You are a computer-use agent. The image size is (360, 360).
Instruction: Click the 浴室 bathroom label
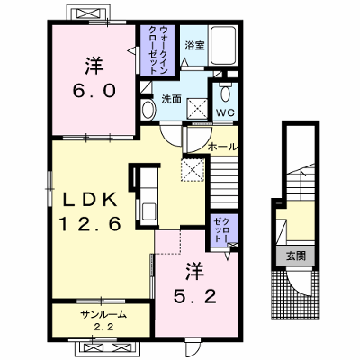pyautogui.click(x=194, y=46)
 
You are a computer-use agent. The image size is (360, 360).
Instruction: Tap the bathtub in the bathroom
pyautogui.click(x=223, y=45)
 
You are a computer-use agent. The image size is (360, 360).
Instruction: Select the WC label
pyautogui.click(x=225, y=112)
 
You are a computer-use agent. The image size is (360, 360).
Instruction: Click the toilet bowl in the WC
pyautogui.click(x=225, y=93)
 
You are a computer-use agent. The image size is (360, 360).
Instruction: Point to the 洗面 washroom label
pyautogui.click(x=171, y=99)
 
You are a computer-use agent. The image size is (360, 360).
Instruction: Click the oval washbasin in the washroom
pyautogui.click(x=148, y=110)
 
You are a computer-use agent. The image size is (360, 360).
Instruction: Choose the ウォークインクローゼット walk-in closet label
pyautogui.click(x=157, y=49)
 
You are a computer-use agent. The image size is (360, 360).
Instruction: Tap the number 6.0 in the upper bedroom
pyautogui.click(x=94, y=90)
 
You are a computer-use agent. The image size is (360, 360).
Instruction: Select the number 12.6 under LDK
pyautogui.click(x=90, y=224)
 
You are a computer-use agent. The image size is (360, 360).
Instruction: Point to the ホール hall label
pyautogui.click(x=222, y=147)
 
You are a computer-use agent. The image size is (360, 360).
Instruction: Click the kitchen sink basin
pyautogui.click(x=148, y=211)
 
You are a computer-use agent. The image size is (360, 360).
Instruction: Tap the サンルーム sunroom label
pyautogui.click(x=103, y=314)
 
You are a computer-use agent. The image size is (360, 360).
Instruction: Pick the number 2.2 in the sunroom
pyautogui.click(x=104, y=327)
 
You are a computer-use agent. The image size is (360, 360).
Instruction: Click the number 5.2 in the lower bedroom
pyautogui.click(x=195, y=296)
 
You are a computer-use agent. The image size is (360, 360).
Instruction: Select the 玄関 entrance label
pyautogui.click(x=296, y=256)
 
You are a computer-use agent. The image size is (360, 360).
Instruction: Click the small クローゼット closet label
pyautogui.click(x=222, y=230)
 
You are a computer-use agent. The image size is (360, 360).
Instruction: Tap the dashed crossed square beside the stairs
pyautogui.click(x=193, y=170)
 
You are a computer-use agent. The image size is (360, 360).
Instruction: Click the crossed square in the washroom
pyautogui.click(x=197, y=109)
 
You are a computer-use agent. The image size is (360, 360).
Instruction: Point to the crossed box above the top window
pyautogui.click(x=87, y=13)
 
